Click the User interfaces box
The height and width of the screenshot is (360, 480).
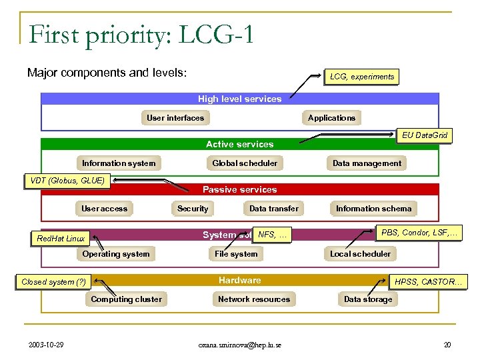175,118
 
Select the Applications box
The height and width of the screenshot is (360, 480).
331,118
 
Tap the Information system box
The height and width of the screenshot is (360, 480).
119,163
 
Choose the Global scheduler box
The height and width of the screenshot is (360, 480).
245,163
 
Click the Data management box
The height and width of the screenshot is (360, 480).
367,163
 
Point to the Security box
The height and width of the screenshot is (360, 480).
193,209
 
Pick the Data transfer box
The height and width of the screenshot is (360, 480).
274,209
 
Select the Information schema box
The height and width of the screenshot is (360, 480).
373,209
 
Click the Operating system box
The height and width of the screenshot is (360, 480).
116,254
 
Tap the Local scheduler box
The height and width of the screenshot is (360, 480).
360,254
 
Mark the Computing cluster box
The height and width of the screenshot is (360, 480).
126,299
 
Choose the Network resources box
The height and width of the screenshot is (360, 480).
254,299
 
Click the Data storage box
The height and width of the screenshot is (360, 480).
368,299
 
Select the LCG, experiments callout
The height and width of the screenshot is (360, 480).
362,77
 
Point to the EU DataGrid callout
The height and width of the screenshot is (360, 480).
425,135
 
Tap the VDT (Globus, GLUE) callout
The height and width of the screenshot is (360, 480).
67,180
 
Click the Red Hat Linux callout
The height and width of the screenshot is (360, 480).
61,238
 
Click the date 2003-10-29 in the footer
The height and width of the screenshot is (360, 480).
47,345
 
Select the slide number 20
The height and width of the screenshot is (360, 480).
447,345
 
